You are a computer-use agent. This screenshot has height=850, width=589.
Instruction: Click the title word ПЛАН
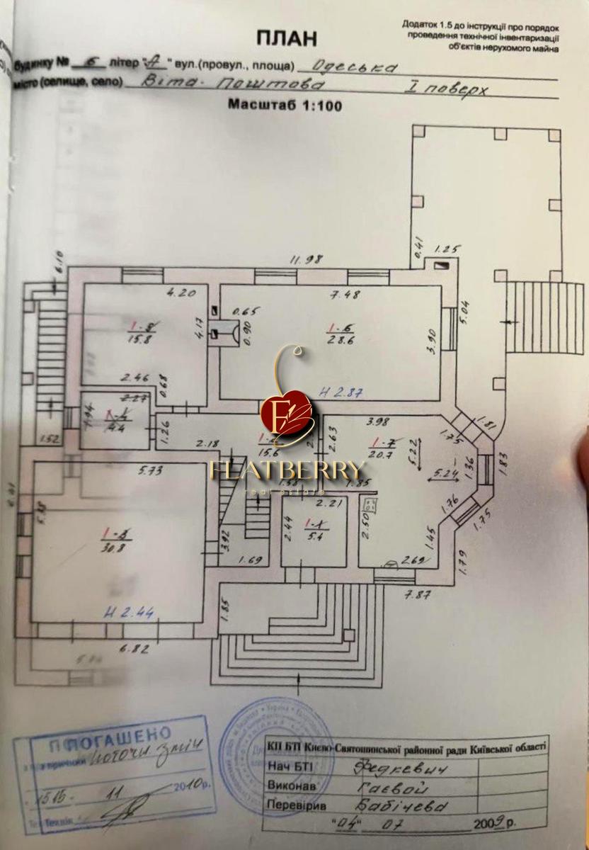286,38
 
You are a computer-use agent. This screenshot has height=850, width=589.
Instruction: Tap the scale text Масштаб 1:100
285,105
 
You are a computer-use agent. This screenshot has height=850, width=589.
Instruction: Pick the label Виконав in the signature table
290,786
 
